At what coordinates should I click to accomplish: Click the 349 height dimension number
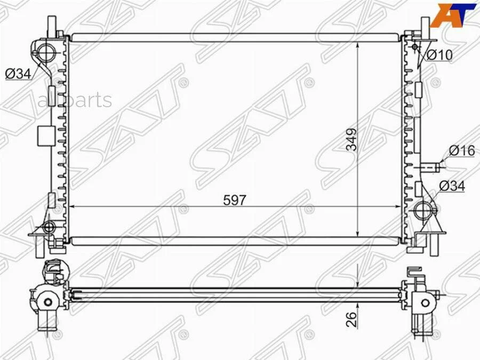click(351, 140)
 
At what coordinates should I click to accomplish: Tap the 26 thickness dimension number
click(351, 319)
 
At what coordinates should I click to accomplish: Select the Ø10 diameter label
click(439, 55)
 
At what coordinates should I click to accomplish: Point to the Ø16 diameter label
click(461, 151)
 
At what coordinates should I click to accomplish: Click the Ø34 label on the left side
click(18, 74)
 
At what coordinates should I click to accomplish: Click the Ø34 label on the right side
click(452, 186)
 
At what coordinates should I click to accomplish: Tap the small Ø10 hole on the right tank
click(415, 47)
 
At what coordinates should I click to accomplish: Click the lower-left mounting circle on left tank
click(49, 228)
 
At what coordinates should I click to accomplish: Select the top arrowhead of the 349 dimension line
click(357, 44)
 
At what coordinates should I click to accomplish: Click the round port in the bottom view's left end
click(48, 302)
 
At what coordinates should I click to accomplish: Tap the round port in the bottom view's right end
click(425, 303)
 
